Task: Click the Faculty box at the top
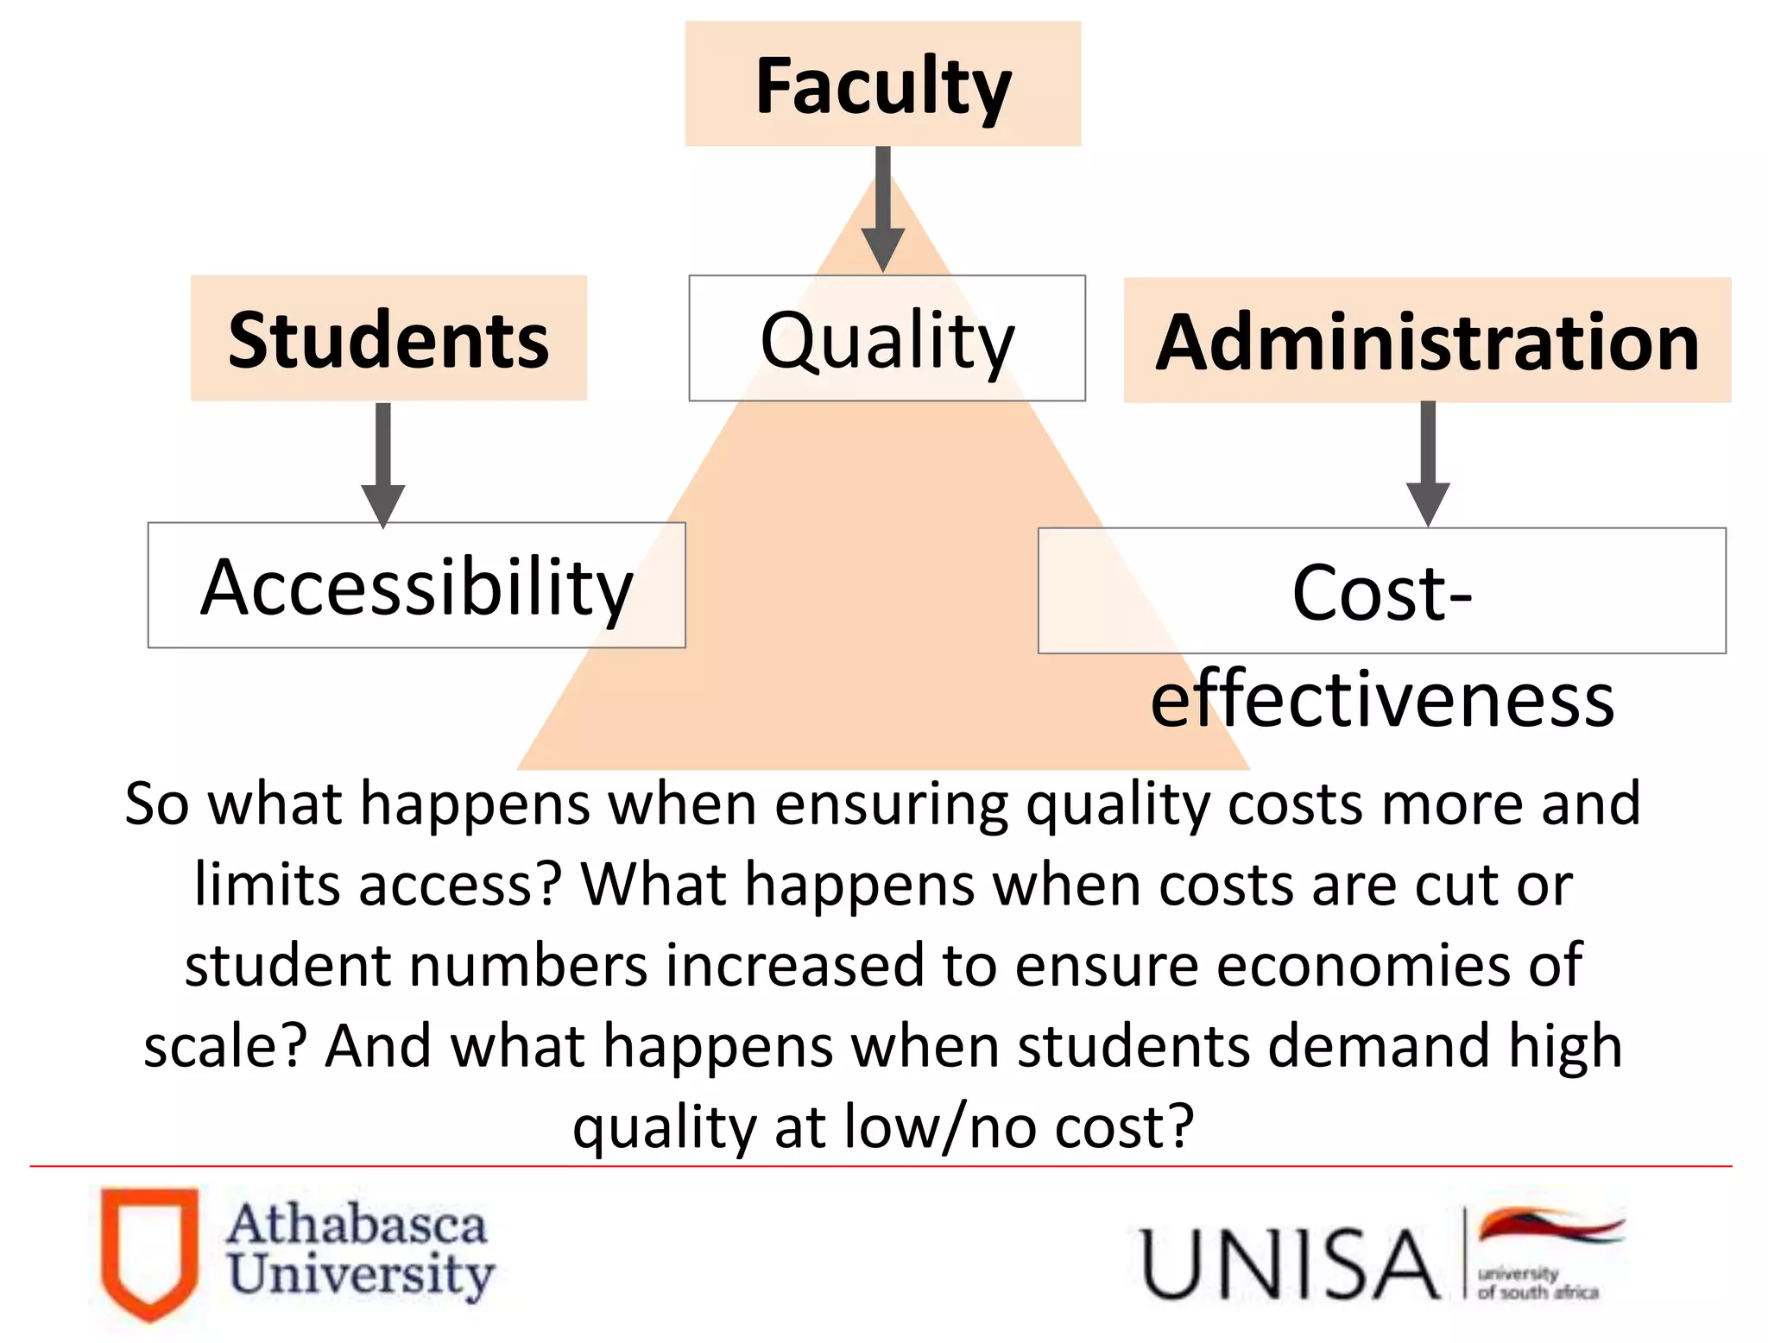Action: pyautogui.click(x=882, y=85)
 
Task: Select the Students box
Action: pyautogui.click(x=388, y=339)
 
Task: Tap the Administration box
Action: pyautogui.click(x=1427, y=342)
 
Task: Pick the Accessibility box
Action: pyautogui.click(x=416, y=587)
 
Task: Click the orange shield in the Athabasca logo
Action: pyautogui.click(x=149, y=1253)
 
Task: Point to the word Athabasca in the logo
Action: pyautogui.click(x=357, y=1225)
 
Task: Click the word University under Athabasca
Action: pyautogui.click(x=361, y=1274)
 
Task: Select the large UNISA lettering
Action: pyautogui.click(x=1288, y=1264)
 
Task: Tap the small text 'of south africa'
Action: pyautogui.click(x=1538, y=1293)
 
